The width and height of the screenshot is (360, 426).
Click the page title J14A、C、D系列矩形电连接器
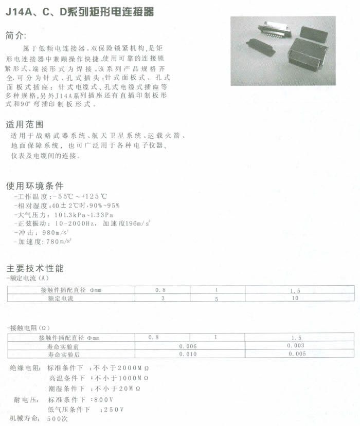79,12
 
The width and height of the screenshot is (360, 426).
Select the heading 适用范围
24,124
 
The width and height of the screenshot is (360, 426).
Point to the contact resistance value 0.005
297,354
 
